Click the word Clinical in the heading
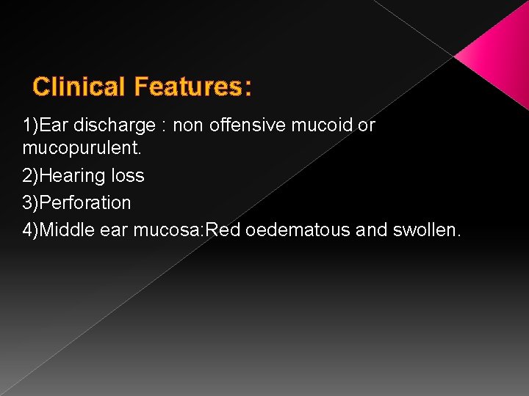[x=79, y=87]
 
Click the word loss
[x=129, y=176]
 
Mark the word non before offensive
[x=189, y=125]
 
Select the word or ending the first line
[x=366, y=125]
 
